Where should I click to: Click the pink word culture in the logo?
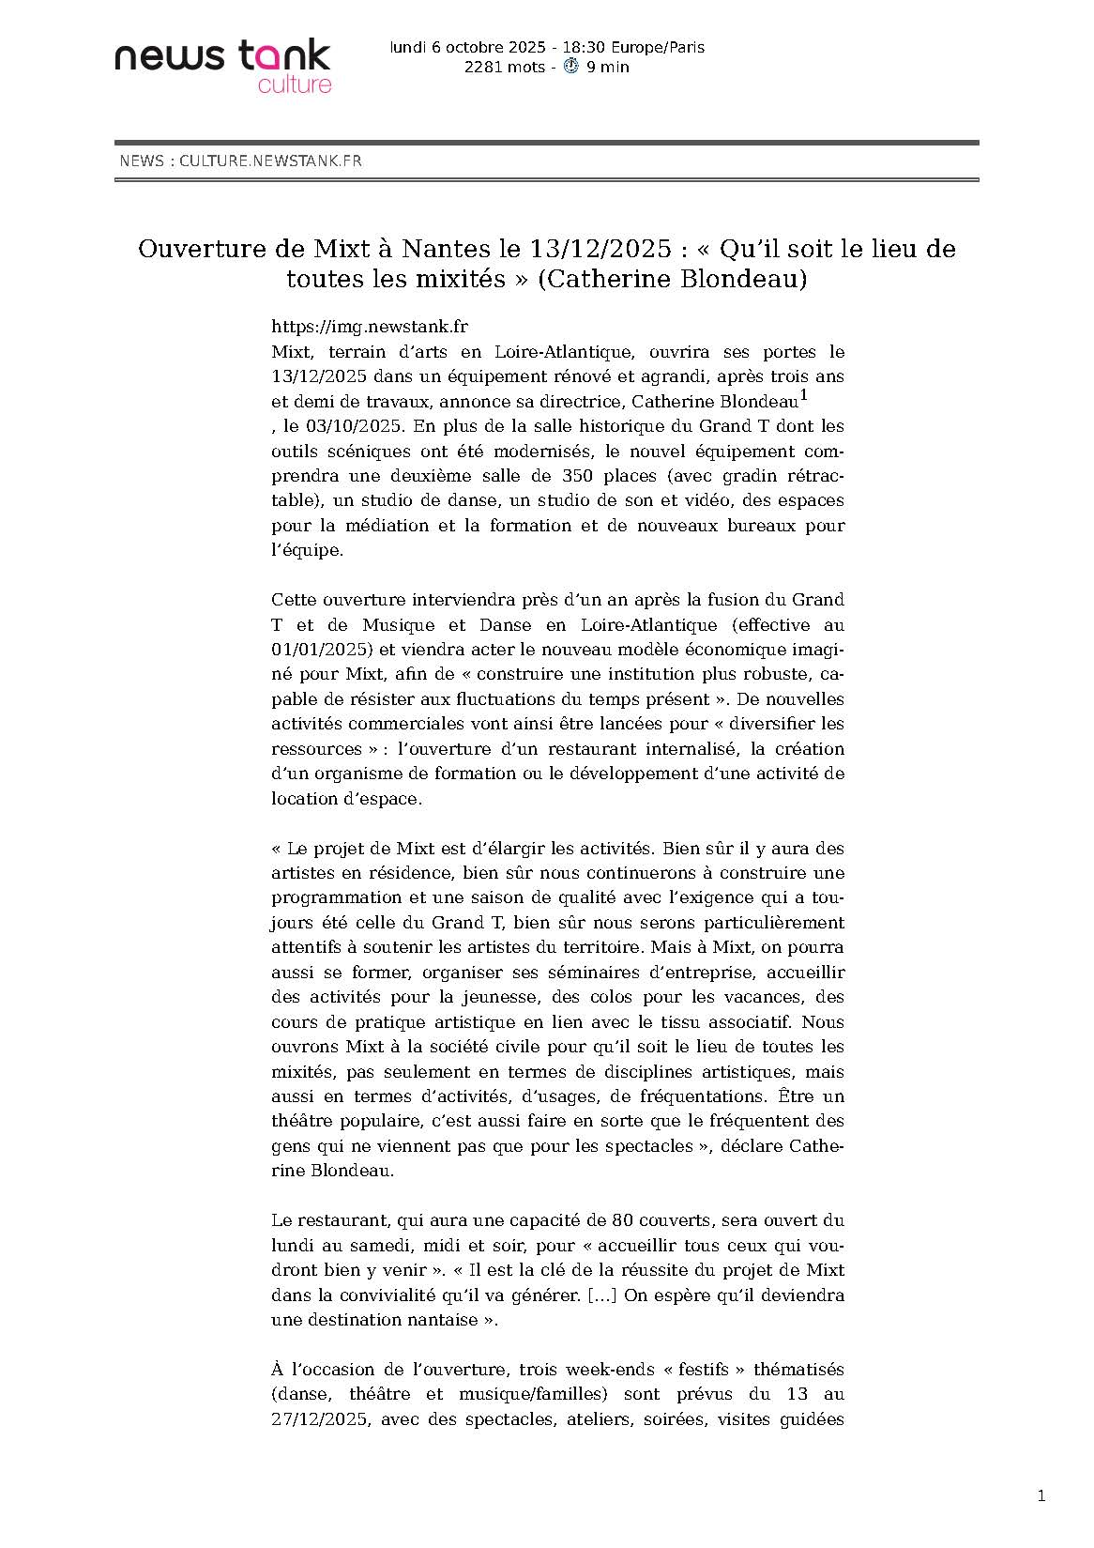tap(295, 84)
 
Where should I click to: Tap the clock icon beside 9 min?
tap(570, 67)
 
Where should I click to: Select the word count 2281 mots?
tap(504, 67)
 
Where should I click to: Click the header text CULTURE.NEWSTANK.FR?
tap(270, 161)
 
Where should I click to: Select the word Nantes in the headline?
tap(447, 249)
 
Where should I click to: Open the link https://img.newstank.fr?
tap(369, 327)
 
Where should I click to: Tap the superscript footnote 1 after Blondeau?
tap(803, 396)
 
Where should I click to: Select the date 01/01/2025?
tap(317, 650)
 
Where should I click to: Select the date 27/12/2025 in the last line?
tap(317, 1419)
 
